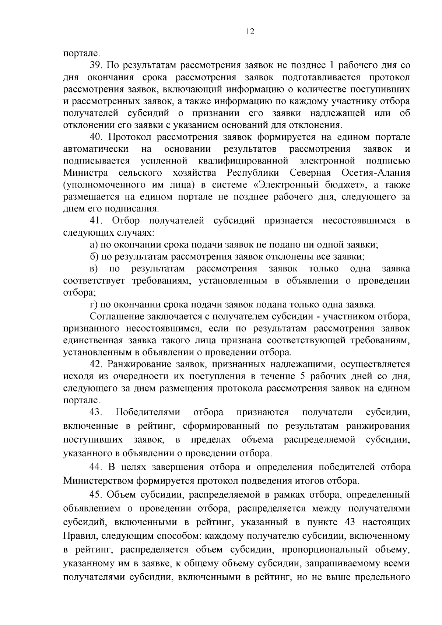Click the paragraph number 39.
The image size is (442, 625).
97,66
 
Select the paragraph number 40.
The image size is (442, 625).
97,137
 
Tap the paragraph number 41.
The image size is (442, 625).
97,221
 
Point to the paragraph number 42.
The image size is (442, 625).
97,364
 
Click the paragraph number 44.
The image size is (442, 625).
97,467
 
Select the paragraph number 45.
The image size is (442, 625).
97,495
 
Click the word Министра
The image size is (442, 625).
85,173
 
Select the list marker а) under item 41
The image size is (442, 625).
94,245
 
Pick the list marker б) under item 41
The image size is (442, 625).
94,257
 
